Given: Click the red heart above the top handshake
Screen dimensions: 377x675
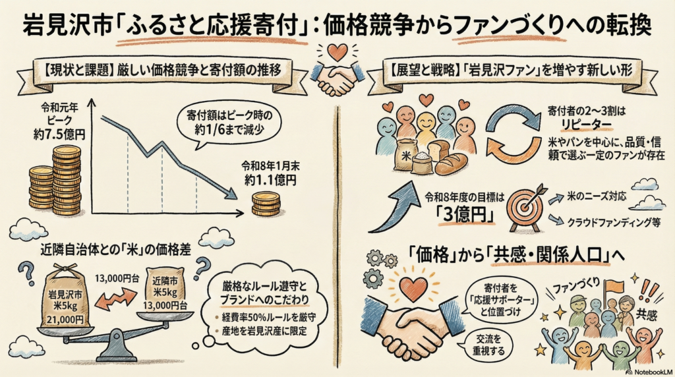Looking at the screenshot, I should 337,51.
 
